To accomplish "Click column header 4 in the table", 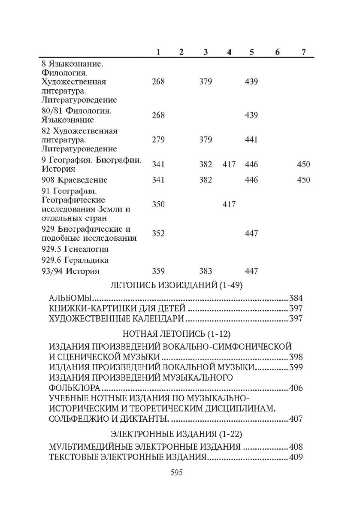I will [x=229, y=52].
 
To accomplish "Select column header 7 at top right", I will [x=304, y=52].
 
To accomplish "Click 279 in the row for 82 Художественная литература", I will [x=158, y=140].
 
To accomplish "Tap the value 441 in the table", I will [x=251, y=140].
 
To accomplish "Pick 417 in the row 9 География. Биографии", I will [x=229, y=164].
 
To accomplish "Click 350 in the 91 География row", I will [x=158, y=205].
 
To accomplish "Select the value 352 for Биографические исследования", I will [x=158, y=233].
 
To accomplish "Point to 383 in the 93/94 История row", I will [x=206, y=271].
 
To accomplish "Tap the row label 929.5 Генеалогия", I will [x=75, y=249].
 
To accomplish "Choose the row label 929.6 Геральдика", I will [x=75, y=260].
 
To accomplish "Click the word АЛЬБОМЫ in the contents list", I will [x=70, y=298].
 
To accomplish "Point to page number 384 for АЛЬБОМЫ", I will [x=296, y=298].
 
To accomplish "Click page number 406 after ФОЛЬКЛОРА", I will [x=296, y=388].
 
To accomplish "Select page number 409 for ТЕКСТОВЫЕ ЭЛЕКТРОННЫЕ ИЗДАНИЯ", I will [x=296, y=457].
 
